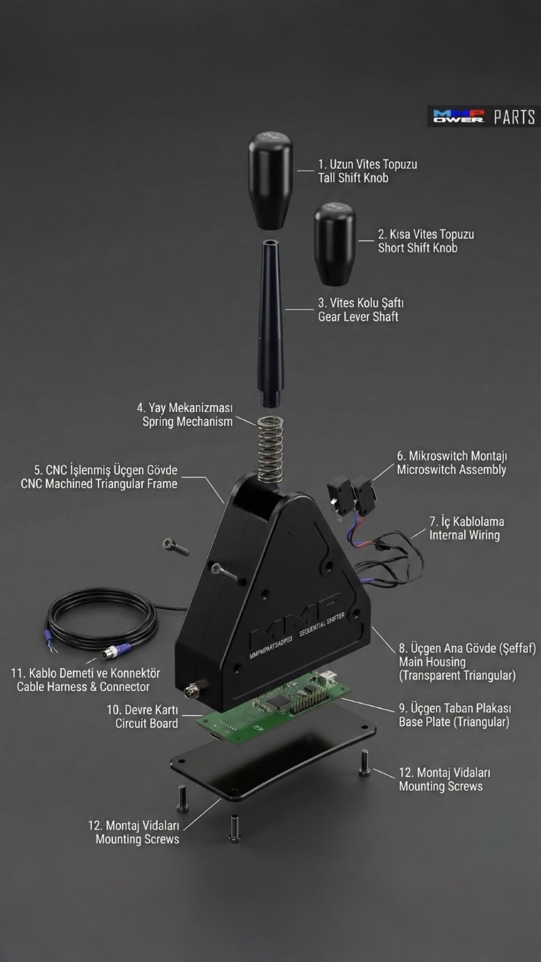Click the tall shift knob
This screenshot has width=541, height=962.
click(270, 180)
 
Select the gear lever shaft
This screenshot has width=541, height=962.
click(271, 323)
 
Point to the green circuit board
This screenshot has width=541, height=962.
click(273, 706)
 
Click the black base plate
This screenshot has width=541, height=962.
click(273, 752)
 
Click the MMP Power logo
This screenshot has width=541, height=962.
click(459, 116)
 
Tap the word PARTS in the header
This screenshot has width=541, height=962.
click(514, 117)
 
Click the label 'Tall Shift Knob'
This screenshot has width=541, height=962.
click(353, 178)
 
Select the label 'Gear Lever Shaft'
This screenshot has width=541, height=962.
click(358, 317)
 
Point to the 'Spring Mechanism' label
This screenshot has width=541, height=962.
click(187, 422)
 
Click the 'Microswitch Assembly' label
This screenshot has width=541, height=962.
click(451, 470)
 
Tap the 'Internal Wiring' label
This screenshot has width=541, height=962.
click(464, 535)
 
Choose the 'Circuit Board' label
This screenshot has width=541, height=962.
click(146, 724)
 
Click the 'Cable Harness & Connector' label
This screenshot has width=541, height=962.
click(83, 687)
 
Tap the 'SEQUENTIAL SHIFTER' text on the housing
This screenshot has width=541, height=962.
click(322, 624)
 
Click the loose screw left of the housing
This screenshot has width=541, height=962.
click(175, 546)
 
